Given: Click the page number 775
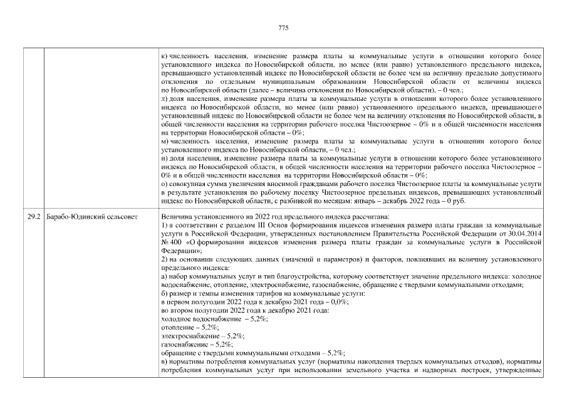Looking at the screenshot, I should [x=283, y=28].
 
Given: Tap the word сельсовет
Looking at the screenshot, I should [x=120, y=217].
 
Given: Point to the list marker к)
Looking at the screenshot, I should [x=164, y=56].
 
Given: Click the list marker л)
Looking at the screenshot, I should [x=164, y=99].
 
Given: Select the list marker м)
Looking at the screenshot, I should [x=164, y=142].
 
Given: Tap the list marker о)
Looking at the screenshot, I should [x=164, y=184].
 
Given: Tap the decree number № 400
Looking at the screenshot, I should [x=170, y=242].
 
